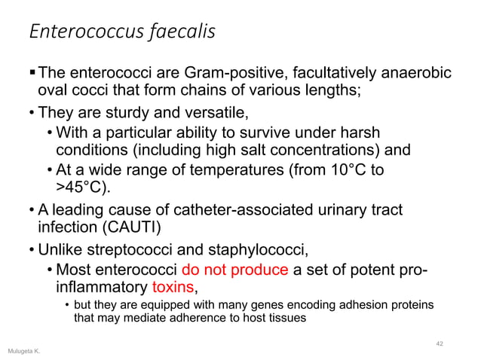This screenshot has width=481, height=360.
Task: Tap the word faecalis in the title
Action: (x=176, y=32)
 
